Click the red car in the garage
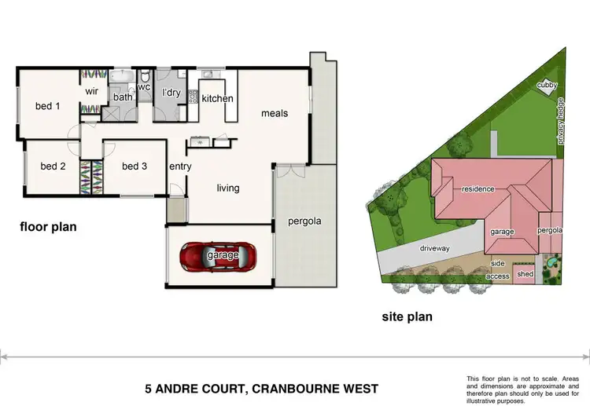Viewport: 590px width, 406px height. [218, 256]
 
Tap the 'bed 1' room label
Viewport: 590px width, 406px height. [47, 106]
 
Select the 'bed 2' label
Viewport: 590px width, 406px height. [53, 166]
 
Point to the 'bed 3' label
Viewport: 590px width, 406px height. [134, 166]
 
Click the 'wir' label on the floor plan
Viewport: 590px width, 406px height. [91, 90]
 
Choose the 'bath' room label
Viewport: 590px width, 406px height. [123, 97]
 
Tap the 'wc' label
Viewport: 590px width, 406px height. [143, 87]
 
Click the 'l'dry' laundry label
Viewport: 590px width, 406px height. [171, 93]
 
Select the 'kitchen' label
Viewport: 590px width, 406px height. [217, 99]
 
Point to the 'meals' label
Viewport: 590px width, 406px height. [275, 113]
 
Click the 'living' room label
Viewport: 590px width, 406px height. [228, 188]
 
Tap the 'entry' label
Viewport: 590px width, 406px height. [180, 166]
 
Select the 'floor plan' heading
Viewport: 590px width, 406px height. [49, 228]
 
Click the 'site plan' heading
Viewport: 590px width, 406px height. [407, 317]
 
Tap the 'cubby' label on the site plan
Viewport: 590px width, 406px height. [546, 85]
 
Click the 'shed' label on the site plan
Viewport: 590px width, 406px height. [525, 274]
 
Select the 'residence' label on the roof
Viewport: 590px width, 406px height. [478, 189]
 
